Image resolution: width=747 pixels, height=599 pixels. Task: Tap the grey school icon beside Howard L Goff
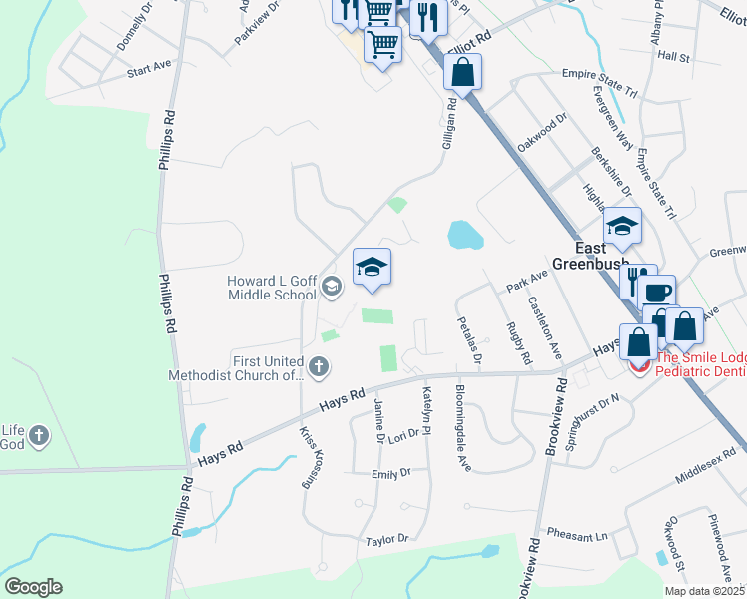pos(331,289)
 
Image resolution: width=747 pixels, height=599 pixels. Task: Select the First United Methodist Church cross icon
pos(318,367)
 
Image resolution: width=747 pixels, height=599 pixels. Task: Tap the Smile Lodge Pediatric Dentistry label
pos(699,363)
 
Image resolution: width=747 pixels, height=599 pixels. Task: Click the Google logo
pos(33,587)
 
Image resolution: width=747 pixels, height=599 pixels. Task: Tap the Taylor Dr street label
pos(387,539)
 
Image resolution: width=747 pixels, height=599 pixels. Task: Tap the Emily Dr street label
pos(390,474)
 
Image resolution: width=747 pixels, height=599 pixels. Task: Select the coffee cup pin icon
pos(657,292)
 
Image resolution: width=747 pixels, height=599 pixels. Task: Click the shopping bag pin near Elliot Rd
pos(462,71)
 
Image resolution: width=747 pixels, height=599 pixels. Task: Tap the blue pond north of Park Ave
pos(464,236)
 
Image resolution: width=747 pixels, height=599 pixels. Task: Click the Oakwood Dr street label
pos(542,132)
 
